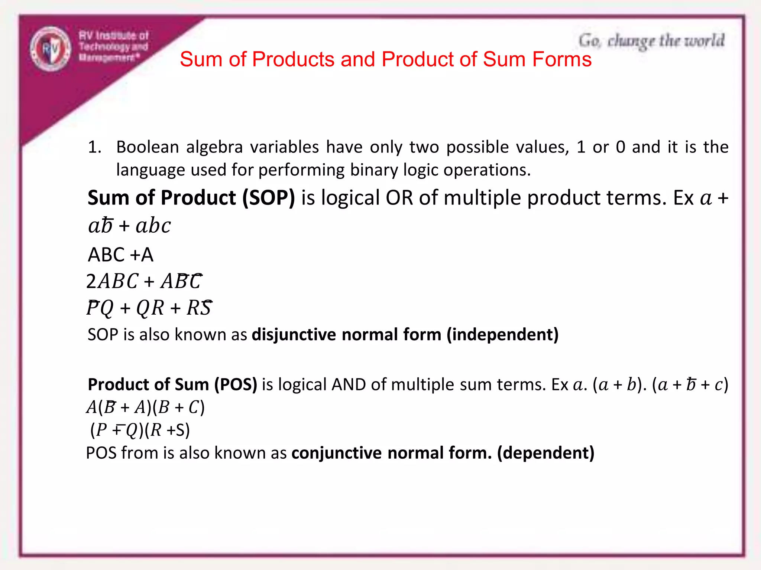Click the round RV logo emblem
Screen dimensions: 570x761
(x=51, y=49)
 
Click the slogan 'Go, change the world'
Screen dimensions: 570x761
(x=651, y=41)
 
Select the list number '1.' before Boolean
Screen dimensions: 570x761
(x=95, y=147)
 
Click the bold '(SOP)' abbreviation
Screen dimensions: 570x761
(x=269, y=197)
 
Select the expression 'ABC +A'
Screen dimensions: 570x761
(x=120, y=255)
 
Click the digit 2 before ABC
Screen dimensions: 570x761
(x=91, y=281)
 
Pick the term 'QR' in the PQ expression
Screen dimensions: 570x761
(x=150, y=308)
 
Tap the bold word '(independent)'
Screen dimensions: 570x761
(x=502, y=334)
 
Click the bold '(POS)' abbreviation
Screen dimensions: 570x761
(x=236, y=384)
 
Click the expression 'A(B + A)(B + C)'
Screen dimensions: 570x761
(x=145, y=407)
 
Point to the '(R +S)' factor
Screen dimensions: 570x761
(x=167, y=430)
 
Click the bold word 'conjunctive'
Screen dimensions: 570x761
(x=336, y=453)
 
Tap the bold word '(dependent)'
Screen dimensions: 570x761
(x=545, y=453)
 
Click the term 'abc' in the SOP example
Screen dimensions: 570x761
(x=153, y=226)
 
